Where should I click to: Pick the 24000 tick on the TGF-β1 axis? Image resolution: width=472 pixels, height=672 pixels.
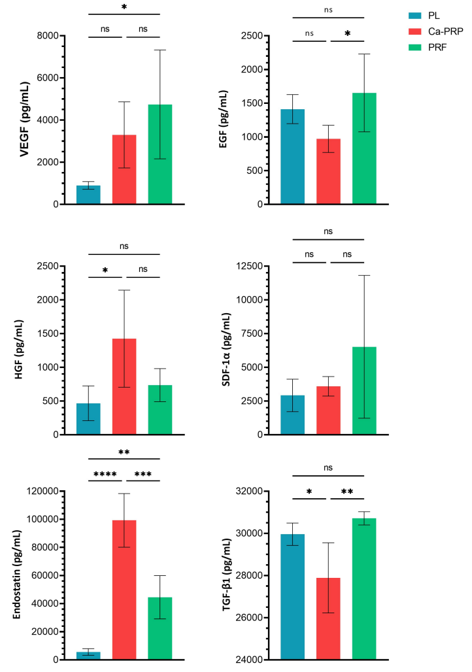tap(246, 660)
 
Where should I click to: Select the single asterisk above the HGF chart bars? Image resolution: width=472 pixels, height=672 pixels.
tap(106, 267)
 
